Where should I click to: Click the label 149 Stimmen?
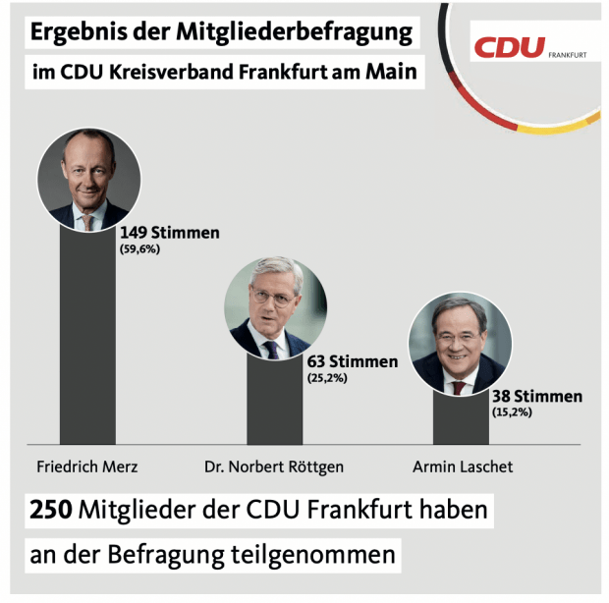(x=170, y=233)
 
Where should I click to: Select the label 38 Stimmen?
(x=537, y=397)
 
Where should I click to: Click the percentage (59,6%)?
(x=140, y=249)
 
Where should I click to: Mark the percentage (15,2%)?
(x=512, y=412)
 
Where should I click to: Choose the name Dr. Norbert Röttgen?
(x=273, y=466)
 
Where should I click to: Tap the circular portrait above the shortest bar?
(x=460, y=344)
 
